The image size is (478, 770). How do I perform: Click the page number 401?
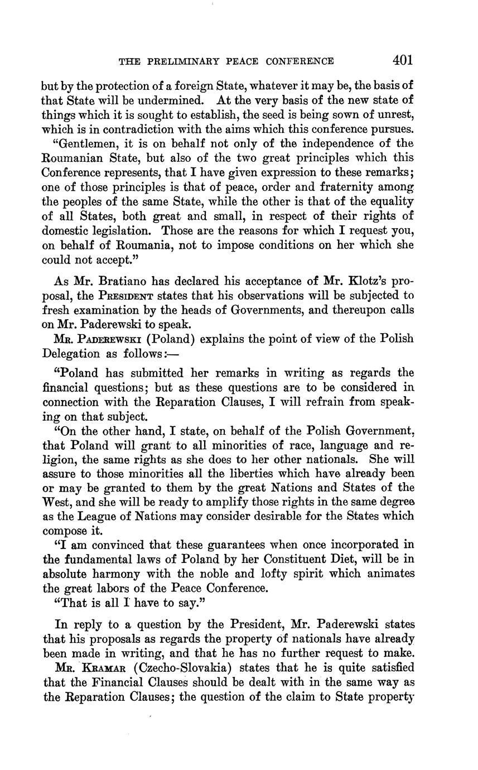(x=402, y=60)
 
